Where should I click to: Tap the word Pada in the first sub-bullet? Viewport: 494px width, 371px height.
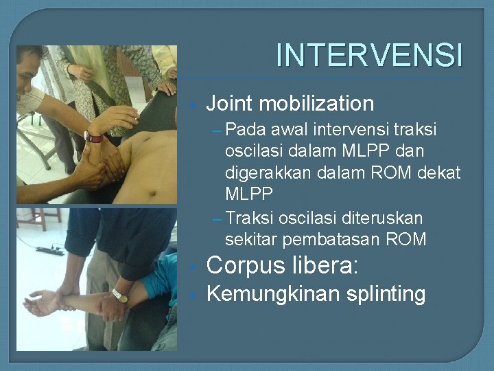(x=246, y=129)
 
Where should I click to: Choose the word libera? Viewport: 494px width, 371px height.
(x=325, y=266)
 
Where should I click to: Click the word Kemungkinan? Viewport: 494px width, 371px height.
(x=273, y=295)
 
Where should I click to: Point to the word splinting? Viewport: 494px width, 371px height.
(x=386, y=295)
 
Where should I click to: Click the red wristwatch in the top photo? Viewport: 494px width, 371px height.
(x=93, y=137)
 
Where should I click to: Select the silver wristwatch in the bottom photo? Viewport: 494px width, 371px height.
(x=120, y=296)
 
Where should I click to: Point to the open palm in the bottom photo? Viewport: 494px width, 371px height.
(x=38, y=302)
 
